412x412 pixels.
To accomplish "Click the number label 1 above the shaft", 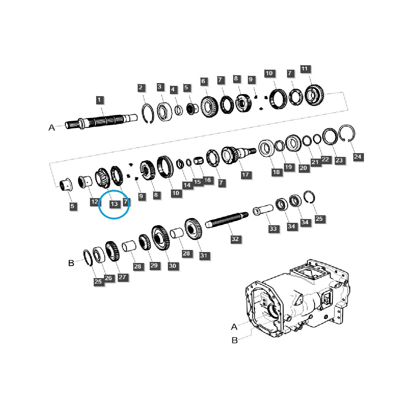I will [x=99, y=100].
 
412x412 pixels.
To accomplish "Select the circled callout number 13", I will [x=114, y=204].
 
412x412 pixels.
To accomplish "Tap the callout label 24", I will [x=358, y=157].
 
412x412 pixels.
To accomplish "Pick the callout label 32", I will [x=235, y=239].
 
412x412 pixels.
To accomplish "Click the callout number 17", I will [x=245, y=175].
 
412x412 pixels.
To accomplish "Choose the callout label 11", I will [x=304, y=69].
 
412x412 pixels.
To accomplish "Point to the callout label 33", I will [x=273, y=229].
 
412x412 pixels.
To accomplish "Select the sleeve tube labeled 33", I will [x=263, y=210].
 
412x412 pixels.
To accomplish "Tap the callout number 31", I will [x=204, y=255].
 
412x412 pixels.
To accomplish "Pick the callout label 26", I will [x=108, y=278].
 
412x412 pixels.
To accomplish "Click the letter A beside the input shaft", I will [x=51, y=128].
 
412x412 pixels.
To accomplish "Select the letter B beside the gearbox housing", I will [x=234, y=340].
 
